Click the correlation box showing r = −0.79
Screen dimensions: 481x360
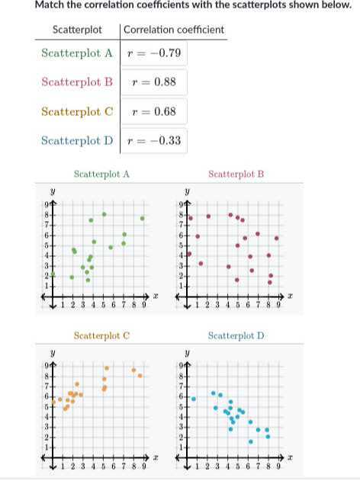click(154, 53)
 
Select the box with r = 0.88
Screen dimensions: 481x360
click(154, 82)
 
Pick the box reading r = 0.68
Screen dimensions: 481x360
click(154, 111)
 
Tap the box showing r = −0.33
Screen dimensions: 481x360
click(154, 141)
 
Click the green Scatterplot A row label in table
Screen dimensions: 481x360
click(77, 53)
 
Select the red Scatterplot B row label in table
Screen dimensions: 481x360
click(77, 82)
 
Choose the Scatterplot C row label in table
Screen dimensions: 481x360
click(77, 111)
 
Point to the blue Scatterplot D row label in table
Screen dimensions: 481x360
click(77, 141)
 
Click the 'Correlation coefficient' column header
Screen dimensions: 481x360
click(174, 30)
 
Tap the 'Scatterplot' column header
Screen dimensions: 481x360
click(77, 30)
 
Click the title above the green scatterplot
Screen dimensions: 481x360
click(101, 174)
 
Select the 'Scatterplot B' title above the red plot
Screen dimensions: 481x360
click(236, 174)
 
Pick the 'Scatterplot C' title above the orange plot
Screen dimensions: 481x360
click(101, 335)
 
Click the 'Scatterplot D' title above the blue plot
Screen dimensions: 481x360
click(236, 335)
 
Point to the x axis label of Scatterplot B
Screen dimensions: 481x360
click(290, 294)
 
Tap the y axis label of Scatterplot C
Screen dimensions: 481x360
click(52, 354)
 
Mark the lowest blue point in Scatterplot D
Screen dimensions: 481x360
click(250, 441)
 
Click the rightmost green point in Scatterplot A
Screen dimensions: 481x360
click(142, 218)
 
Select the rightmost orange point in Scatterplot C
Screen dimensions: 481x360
click(140, 376)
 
